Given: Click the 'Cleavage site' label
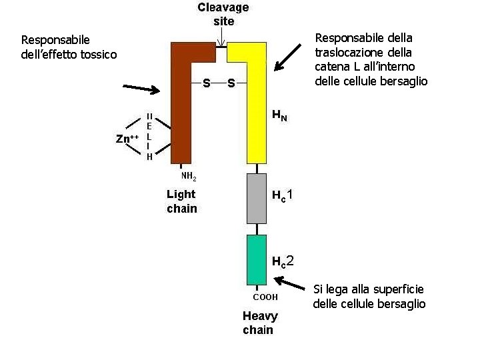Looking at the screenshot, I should pyautogui.click(x=223, y=14).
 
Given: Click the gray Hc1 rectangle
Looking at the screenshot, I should pyautogui.click(x=257, y=198).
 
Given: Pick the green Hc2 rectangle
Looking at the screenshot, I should pyautogui.click(x=257, y=259).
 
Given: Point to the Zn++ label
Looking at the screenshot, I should pyautogui.click(x=126, y=139).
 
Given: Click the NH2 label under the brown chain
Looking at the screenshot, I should pyautogui.click(x=189, y=177).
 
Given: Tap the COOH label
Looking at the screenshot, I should pyautogui.click(x=265, y=297).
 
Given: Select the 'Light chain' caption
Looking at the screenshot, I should pyautogui.click(x=181, y=201).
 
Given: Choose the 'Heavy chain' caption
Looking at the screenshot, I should pyautogui.click(x=260, y=323).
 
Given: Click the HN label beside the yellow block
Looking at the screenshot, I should pyautogui.click(x=279, y=115).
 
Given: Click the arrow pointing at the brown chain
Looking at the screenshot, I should pyautogui.click(x=141, y=89).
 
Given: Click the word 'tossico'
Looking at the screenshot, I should pyautogui.click(x=99, y=54).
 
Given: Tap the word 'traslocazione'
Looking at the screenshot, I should pyautogui.click(x=346, y=51).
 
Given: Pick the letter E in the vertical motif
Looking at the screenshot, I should pyautogui.click(x=149, y=126).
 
